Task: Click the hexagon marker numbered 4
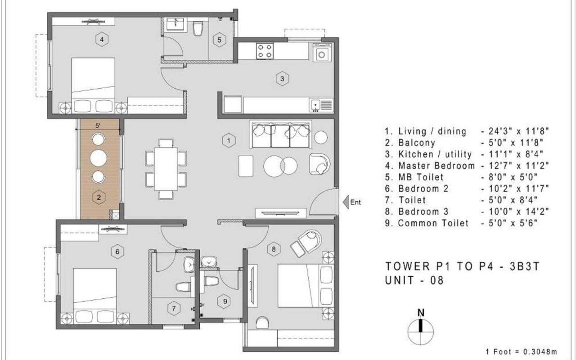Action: [102, 40]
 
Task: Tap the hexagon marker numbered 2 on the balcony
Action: [99, 198]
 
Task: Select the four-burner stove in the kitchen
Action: [265, 51]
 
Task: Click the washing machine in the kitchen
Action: [322, 53]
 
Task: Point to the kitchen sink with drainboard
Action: [321, 105]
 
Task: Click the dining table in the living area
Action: [166, 169]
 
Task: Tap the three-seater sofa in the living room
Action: [280, 135]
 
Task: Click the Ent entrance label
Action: [355, 202]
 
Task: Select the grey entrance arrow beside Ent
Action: [346, 202]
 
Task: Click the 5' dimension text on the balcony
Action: [98, 126]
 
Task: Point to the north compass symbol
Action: [421, 328]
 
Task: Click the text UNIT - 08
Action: [414, 280]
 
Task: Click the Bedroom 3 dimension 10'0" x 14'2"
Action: [515, 212]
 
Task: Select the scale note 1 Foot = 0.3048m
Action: [521, 351]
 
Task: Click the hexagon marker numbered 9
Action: [225, 301]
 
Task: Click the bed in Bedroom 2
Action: [95, 296]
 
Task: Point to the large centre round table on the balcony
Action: [99, 158]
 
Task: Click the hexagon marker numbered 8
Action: [274, 249]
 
